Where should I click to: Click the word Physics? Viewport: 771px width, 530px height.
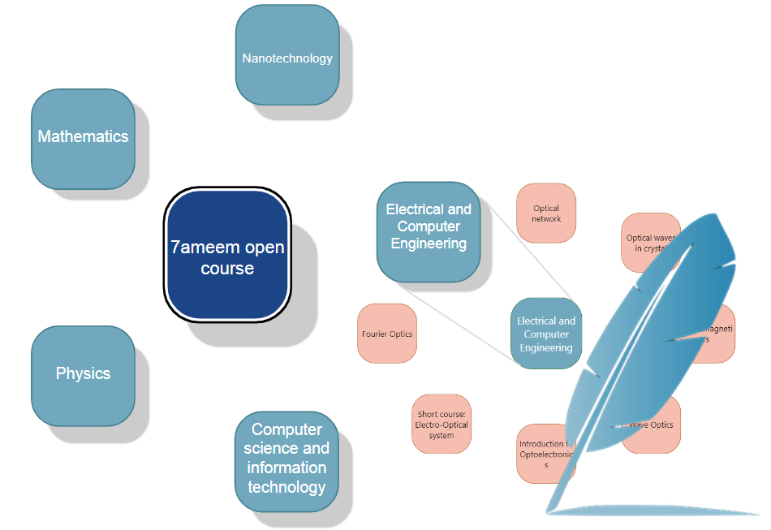[x=83, y=373]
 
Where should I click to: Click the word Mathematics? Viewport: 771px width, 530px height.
[x=83, y=136]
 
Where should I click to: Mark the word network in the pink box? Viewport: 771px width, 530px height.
[x=546, y=218]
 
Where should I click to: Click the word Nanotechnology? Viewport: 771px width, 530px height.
[x=286, y=58]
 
